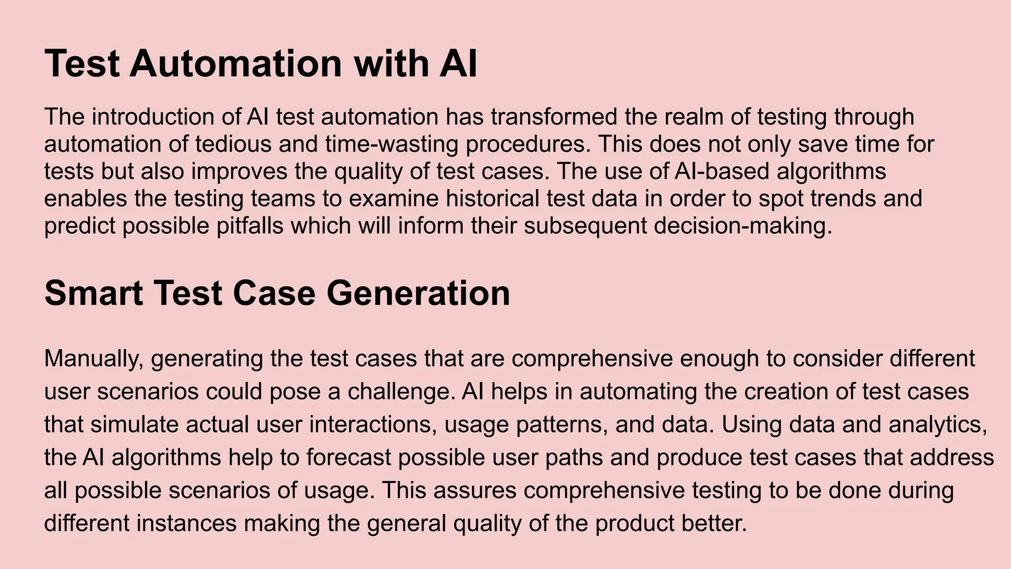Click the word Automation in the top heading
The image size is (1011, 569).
tap(235, 64)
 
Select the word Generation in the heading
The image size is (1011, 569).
tap(418, 293)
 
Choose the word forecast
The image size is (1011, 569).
tap(348, 457)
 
